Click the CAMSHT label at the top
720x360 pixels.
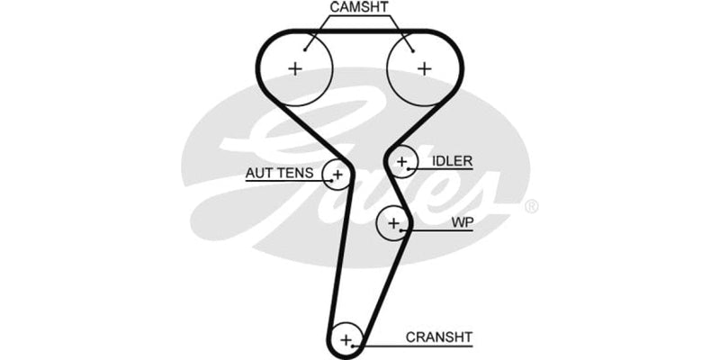[360, 8]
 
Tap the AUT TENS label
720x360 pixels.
[279, 173]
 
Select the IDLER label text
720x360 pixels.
[452, 162]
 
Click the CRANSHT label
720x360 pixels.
[439, 337]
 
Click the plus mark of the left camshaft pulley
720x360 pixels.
[295, 67]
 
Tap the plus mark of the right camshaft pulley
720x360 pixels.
[424, 67]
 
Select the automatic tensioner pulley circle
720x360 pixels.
[338, 173]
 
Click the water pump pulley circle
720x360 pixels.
[393, 221]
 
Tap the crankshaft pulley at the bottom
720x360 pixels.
[346, 339]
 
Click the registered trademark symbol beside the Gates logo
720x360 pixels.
[531, 207]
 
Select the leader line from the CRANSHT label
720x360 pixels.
[396, 345]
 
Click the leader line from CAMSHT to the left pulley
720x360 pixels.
[320, 31]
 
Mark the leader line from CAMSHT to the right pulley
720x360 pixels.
[400, 31]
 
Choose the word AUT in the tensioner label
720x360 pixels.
[260, 173]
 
